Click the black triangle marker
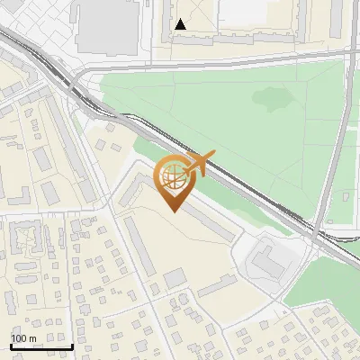182,24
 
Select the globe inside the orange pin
173,177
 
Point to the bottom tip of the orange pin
174,212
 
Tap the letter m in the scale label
33,338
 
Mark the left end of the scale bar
10,346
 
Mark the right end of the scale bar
72,346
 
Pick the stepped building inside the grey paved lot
266,261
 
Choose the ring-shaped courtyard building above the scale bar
26,238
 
